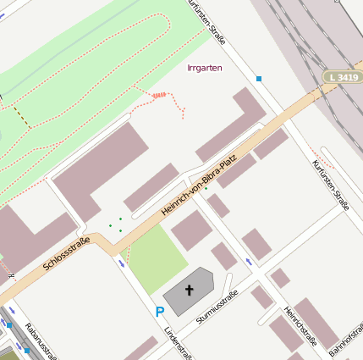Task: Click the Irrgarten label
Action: pos(205,68)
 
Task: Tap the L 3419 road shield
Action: pos(341,77)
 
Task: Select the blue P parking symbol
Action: pos(159,313)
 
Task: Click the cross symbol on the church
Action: pos(190,291)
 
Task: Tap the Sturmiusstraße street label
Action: pos(217,307)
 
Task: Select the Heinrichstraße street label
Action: pos(300,326)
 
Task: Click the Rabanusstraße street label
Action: pos(40,341)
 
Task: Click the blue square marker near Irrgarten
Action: pos(259,79)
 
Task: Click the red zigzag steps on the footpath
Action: pos(161,95)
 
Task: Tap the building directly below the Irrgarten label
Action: pos(229,124)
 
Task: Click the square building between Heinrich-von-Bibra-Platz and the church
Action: pos(191,230)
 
